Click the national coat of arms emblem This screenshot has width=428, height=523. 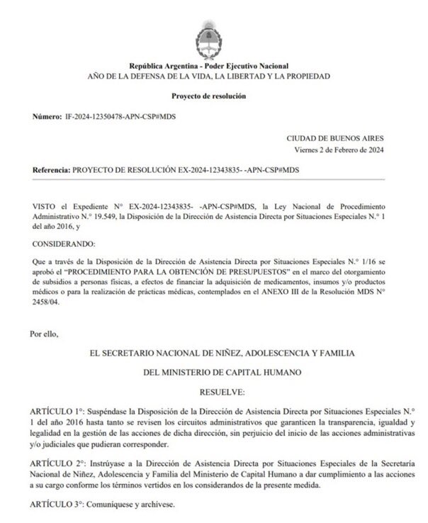(x=214, y=28)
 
